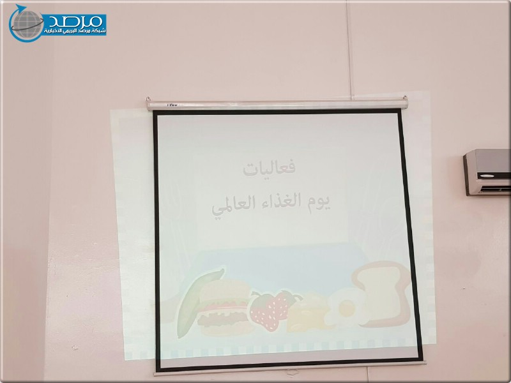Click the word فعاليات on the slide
269,167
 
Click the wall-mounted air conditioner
487,172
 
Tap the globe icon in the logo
26,24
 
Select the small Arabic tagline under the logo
75,31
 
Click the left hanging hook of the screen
148,99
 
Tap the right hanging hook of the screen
405,98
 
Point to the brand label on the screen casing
172,105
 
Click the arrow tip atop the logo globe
26,7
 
